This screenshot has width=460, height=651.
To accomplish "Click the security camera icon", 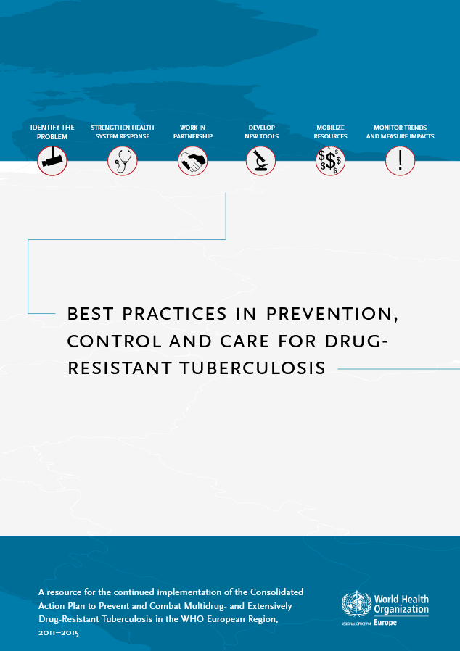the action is click(52, 161).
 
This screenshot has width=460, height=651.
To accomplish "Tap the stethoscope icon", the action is click(122, 161).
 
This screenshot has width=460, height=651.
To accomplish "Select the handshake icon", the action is click(192, 161).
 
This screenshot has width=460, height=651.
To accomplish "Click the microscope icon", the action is click(260, 161).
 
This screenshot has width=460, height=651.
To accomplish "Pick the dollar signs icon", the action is click(330, 161).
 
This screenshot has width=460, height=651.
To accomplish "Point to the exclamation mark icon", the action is click(401, 161).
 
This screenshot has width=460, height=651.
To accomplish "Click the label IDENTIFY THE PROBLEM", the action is click(52, 132).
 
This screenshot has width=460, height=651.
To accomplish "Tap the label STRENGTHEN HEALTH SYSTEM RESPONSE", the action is click(122, 132).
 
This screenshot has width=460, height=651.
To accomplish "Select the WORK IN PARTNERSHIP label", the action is click(193, 132).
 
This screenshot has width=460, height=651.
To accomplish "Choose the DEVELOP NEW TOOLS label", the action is click(261, 132).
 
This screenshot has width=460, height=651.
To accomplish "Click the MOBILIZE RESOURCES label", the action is click(330, 132).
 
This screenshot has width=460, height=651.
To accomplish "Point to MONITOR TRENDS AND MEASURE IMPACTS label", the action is click(401, 132).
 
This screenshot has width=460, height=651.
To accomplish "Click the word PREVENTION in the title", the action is click(332, 315).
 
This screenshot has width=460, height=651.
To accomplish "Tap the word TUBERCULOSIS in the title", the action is click(252, 368).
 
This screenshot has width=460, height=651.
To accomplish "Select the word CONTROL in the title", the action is click(114, 341).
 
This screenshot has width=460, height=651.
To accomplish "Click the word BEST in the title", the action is click(90, 314).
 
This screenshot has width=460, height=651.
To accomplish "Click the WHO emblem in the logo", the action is click(356, 605).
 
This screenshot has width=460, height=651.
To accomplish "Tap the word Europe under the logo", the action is click(385, 623).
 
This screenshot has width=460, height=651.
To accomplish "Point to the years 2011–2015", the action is click(58, 633).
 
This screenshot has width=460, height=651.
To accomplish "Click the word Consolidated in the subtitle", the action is click(276, 592).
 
